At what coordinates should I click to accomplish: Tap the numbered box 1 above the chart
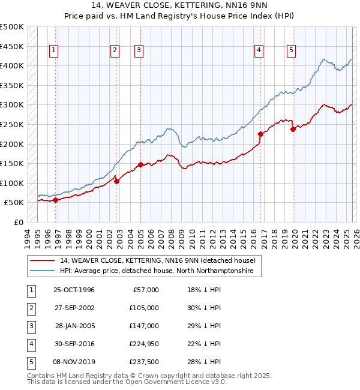tap(54, 51)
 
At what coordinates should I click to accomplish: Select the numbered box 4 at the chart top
tap(259, 51)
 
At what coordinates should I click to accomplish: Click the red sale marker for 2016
tap(260, 134)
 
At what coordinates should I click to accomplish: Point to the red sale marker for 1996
tap(56, 200)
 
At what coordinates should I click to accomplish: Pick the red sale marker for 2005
tap(140, 164)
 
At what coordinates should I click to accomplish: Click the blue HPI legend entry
tap(157, 271)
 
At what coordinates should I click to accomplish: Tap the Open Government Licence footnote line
tap(119, 382)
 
